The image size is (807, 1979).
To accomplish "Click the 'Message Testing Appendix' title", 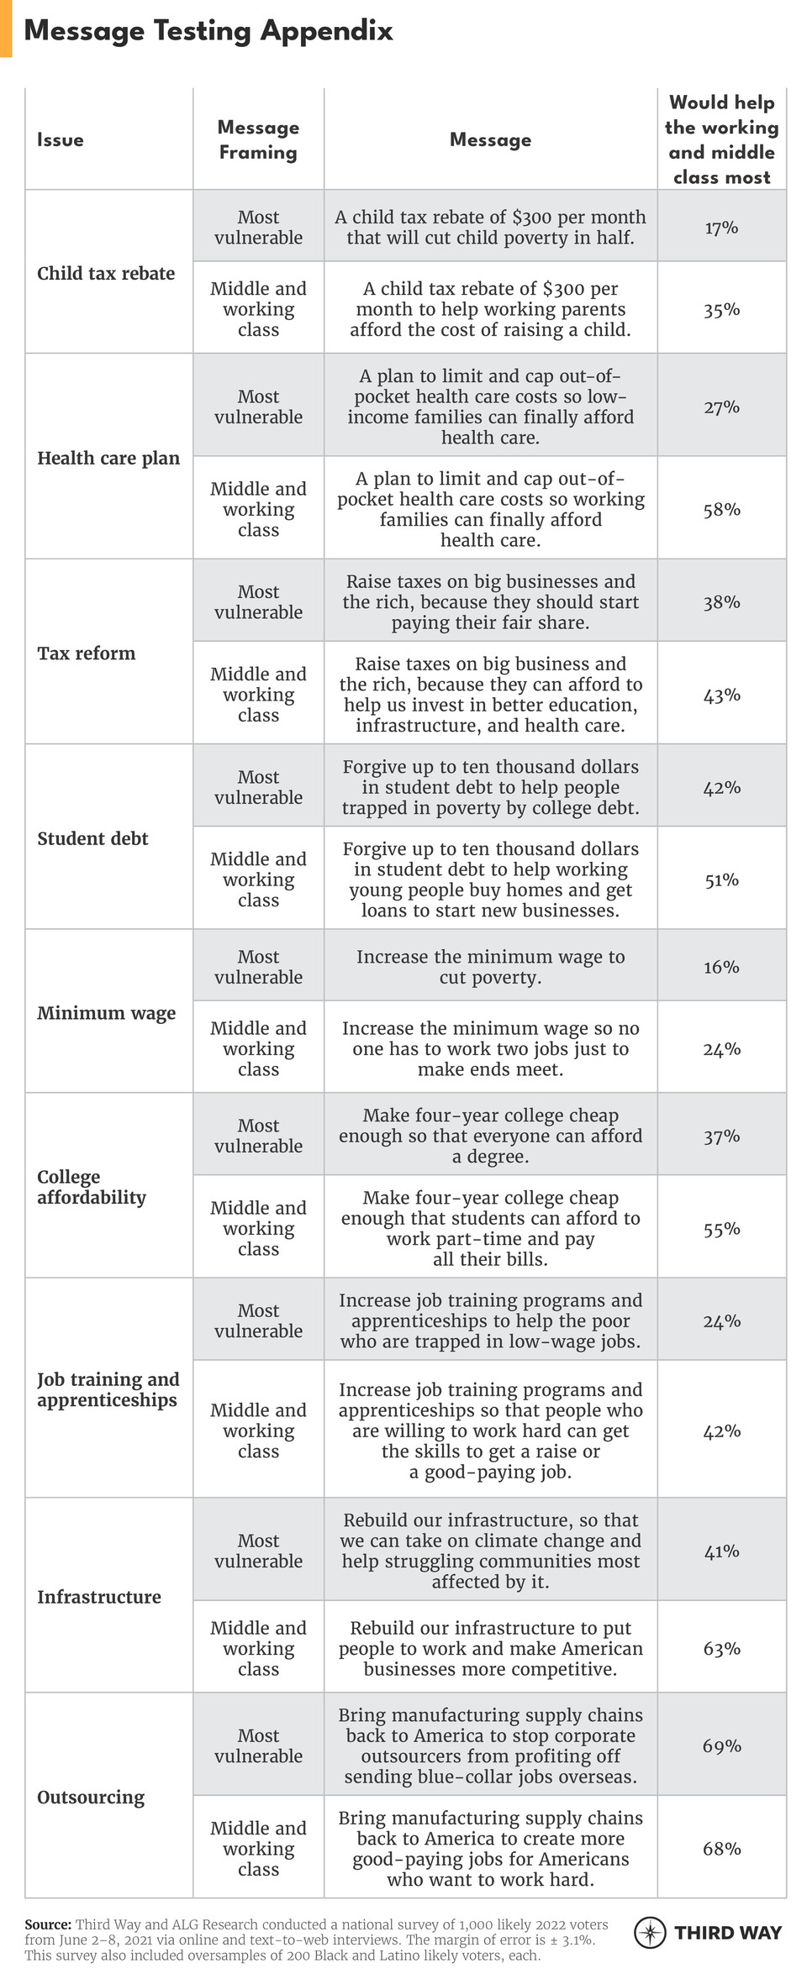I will [208, 31].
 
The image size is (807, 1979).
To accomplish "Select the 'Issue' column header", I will [61, 139].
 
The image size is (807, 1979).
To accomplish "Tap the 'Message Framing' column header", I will [258, 139].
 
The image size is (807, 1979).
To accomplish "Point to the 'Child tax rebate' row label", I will [106, 273].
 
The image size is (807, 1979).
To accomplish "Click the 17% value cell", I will [721, 227].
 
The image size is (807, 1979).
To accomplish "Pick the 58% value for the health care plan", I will [721, 509].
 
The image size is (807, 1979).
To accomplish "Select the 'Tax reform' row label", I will [86, 653].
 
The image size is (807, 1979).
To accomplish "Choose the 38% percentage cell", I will [721, 601].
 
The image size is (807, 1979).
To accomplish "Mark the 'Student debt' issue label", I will [92, 837].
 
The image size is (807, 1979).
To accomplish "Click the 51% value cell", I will [721, 879].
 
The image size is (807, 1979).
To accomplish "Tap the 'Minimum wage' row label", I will [106, 1012].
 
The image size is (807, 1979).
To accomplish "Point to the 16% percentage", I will [721, 967].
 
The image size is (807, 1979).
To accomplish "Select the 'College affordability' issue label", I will [91, 1187].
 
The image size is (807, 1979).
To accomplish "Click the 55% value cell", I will [721, 1229].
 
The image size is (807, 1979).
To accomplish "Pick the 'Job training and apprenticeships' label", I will [108, 1389].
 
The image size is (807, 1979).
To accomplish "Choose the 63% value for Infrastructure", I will [721, 1648].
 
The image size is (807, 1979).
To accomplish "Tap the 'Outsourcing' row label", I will [91, 1797].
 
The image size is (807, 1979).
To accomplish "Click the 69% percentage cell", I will [721, 1745].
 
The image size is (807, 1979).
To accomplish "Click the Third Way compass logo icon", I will [650, 1932].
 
